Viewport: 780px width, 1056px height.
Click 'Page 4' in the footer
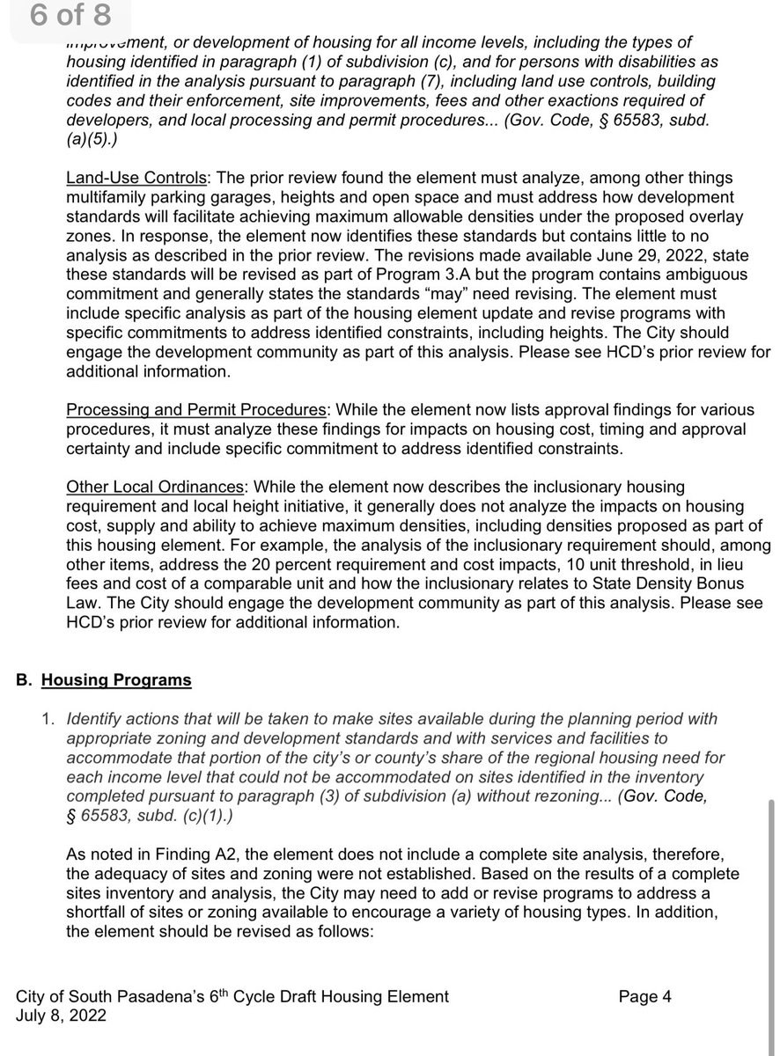[644, 996]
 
